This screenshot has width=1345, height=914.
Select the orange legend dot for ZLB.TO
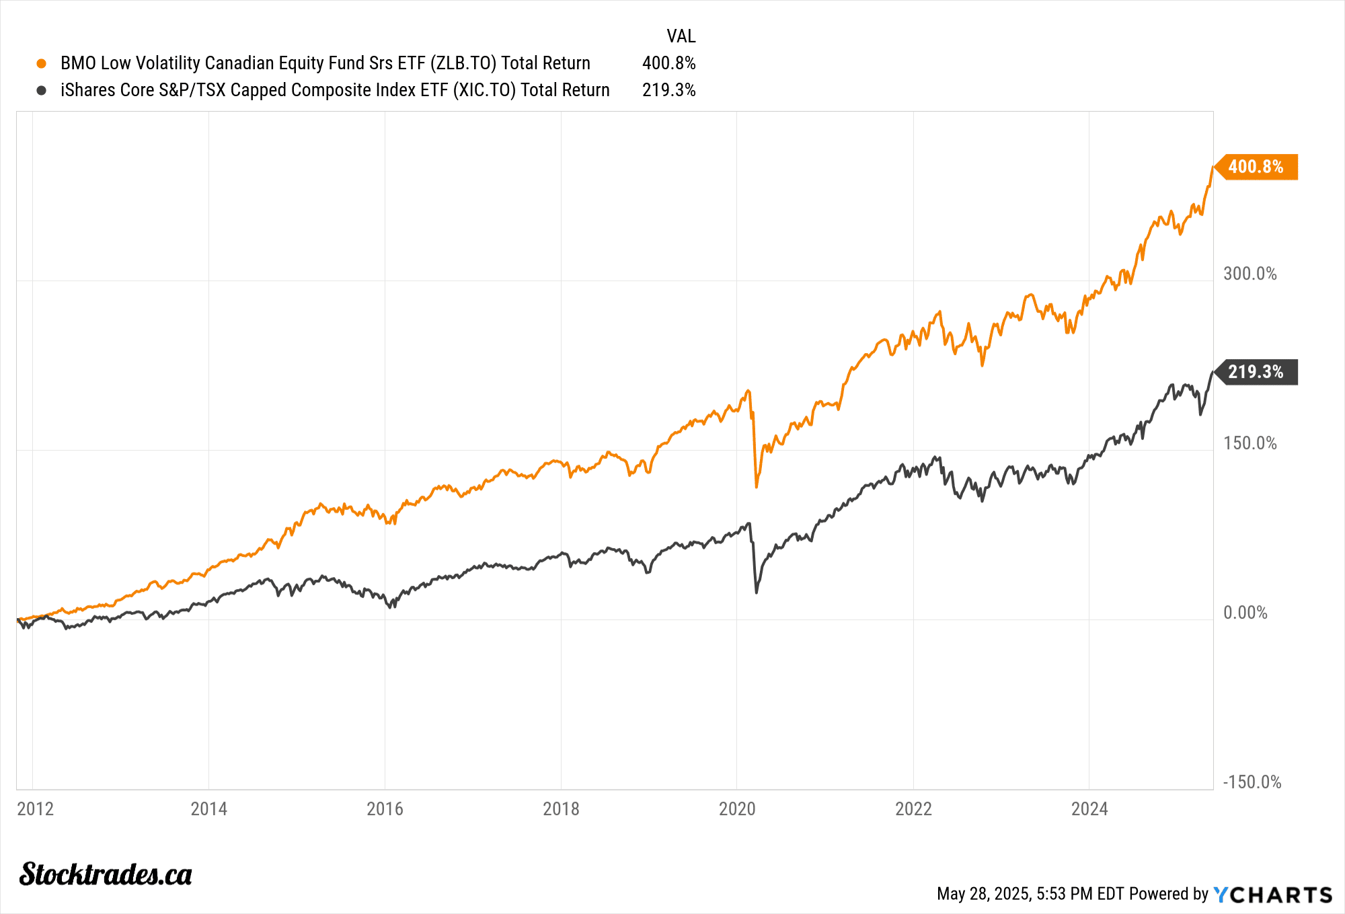tap(42, 63)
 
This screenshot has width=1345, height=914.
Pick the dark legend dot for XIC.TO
tap(42, 90)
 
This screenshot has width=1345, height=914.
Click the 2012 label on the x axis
tap(35, 808)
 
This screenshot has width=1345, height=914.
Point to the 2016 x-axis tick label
tap(385, 808)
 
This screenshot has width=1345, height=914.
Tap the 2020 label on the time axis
tap(737, 808)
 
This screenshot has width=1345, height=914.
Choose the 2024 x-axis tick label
tap(1089, 808)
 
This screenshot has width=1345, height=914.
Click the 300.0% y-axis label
tap(1250, 274)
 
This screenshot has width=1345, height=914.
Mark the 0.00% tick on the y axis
tap(1245, 613)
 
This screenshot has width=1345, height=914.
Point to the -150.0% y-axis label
tap(1252, 782)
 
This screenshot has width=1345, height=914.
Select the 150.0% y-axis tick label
tap(1250, 443)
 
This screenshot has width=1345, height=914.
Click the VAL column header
tap(681, 36)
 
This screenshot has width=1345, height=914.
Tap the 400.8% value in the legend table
tap(668, 63)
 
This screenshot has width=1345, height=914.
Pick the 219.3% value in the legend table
tap(668, 90)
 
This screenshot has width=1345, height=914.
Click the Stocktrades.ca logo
tap(106, 874)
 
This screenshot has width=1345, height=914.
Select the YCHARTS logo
tap(1272, 894)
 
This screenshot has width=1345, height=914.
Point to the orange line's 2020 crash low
tap(757, 486)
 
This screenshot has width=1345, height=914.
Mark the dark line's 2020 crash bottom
tap(757, 592)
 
